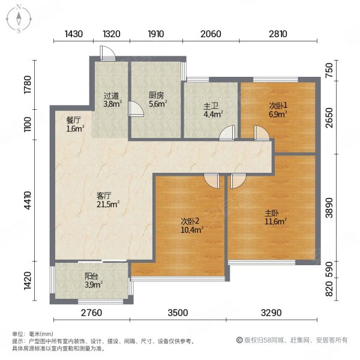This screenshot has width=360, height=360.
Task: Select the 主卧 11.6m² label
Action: [x=275, y=217]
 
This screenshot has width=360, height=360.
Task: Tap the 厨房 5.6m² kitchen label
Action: [x=157, y=99]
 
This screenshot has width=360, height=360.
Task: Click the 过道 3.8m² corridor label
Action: [x=112, y=99]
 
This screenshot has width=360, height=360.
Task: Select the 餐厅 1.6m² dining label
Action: [x=75, y=124]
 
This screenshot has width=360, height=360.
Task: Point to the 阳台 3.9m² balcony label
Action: [x=92, y=280]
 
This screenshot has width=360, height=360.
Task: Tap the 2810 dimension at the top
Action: [x=278, y=34]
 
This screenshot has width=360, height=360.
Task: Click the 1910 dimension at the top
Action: [x=155, y=34]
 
